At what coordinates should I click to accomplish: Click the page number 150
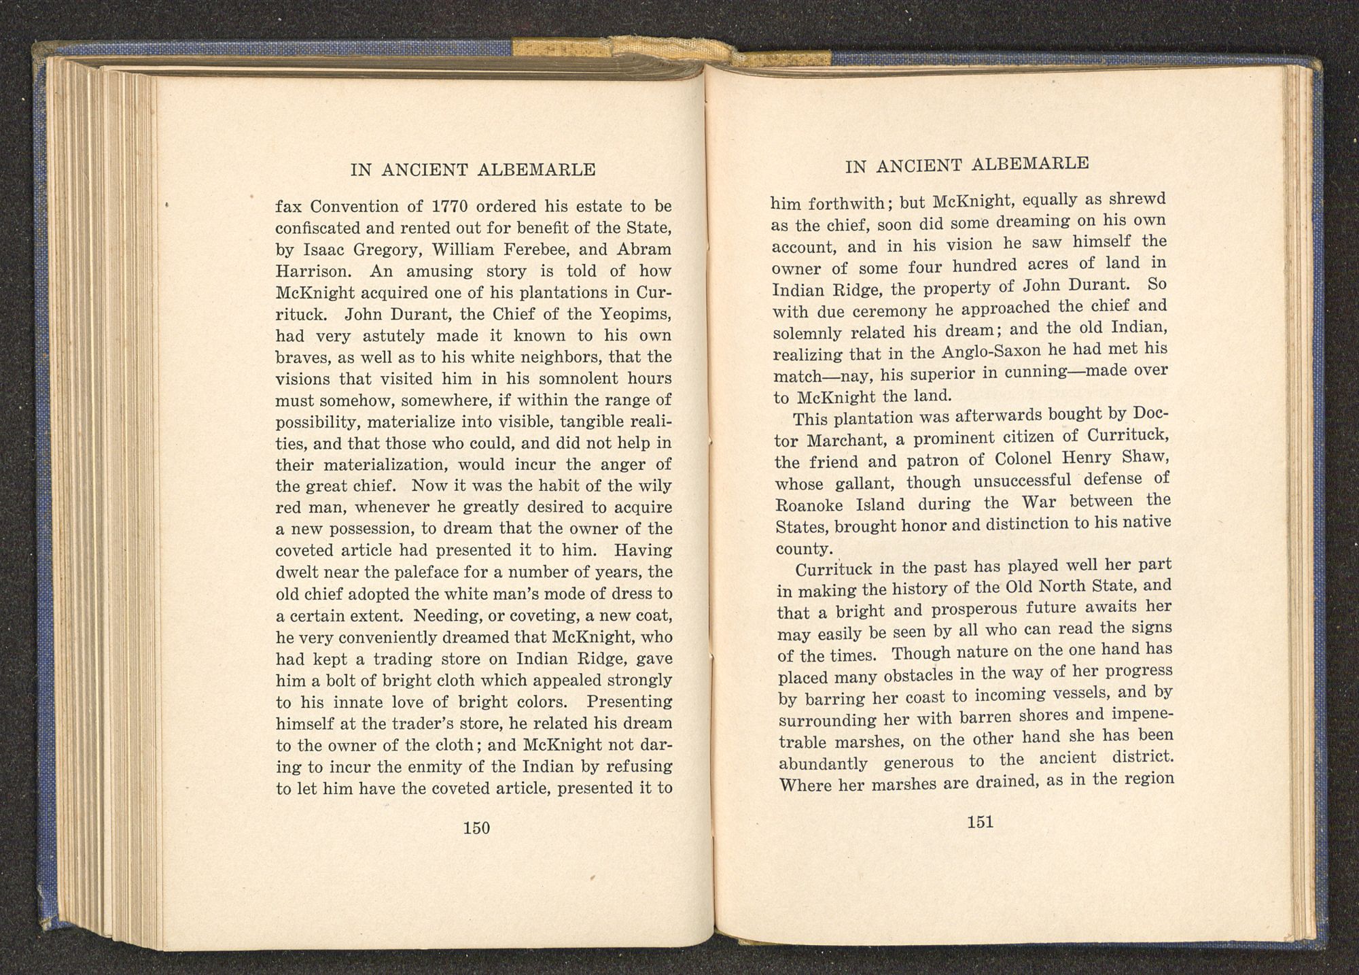(476, 828)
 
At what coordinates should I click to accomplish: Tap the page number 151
(980, 822)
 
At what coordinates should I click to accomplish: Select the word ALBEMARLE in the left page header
(537, 170)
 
